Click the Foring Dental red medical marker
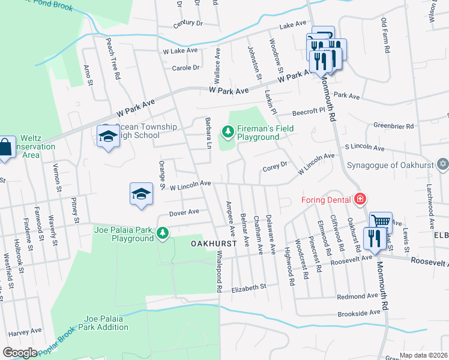360,199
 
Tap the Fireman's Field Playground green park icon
228,130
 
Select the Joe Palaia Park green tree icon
162,232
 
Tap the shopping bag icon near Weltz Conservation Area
5,147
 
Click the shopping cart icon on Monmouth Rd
380,221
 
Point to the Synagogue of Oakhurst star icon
442,164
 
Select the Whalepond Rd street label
220,272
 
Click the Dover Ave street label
184,212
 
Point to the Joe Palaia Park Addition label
107,323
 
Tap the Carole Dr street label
185,68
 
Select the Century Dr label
188,23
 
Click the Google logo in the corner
20,353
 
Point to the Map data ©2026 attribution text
423,355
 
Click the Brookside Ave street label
358,313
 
